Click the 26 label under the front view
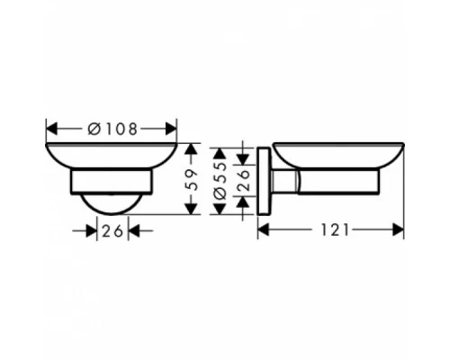coord(112,230)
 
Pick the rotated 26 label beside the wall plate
coord(241,180)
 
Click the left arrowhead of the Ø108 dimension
coord(50,128)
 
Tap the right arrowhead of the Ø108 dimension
coord(172,128)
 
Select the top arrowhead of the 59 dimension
coord(191,148)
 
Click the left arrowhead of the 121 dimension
coord(264,229)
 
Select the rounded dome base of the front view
coord(112,203)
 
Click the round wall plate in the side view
coord(264,180)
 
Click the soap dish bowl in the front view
coord(112,155)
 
